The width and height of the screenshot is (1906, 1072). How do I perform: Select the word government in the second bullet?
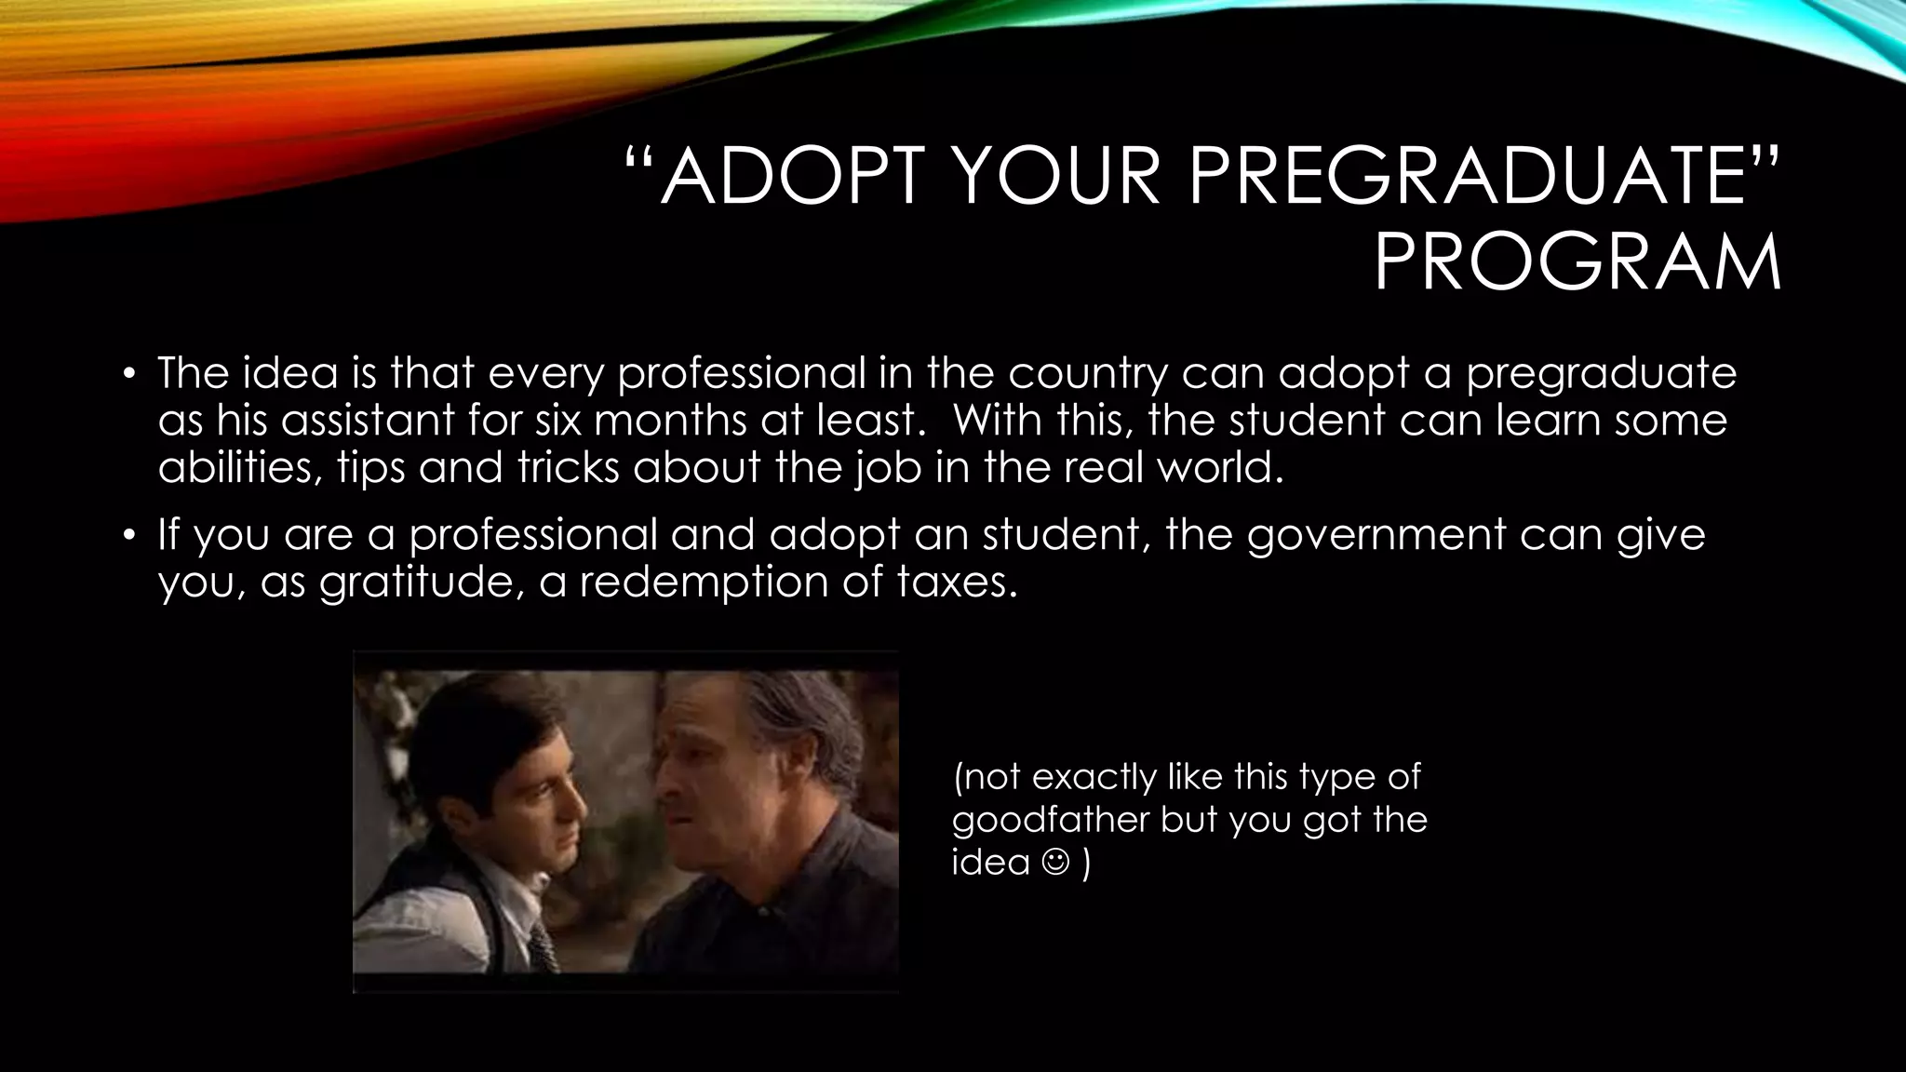tap(1376, 536)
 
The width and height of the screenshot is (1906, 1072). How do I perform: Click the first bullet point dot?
tap(130, 376)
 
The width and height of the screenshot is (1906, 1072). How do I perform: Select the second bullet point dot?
tap(130, 537)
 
